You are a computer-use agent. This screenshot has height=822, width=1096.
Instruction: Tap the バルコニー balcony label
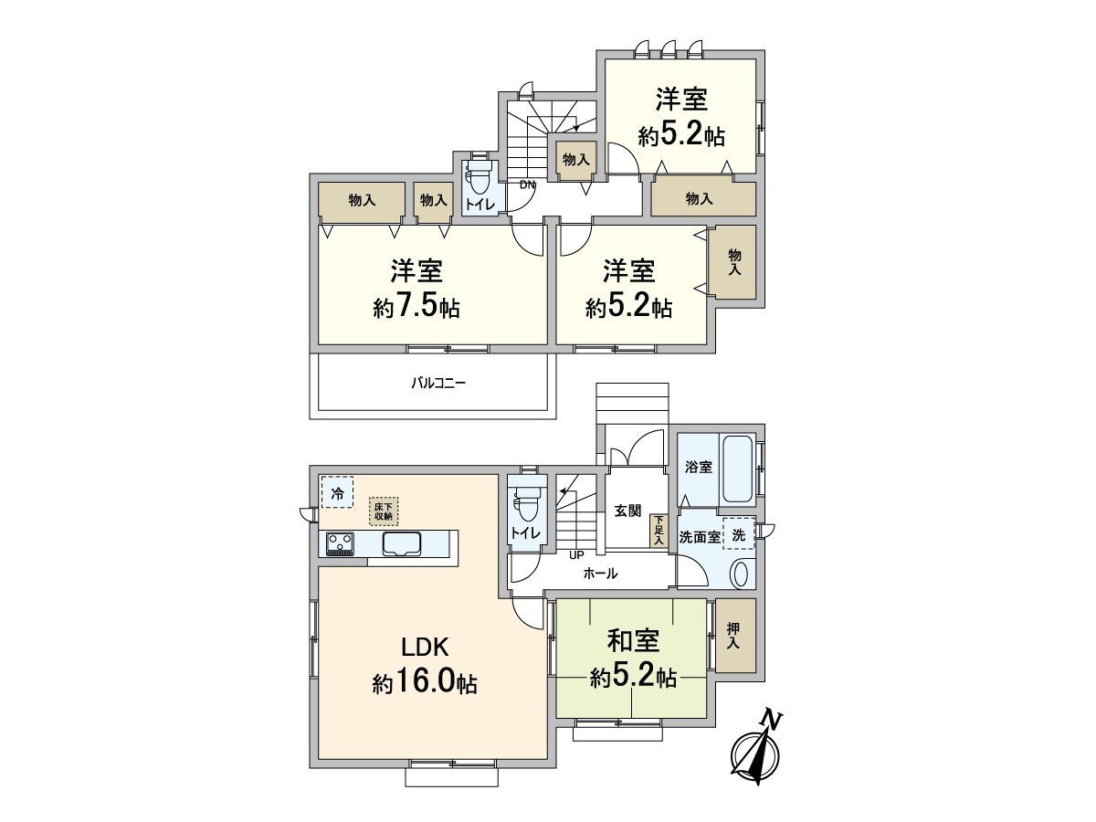tap(438, 384)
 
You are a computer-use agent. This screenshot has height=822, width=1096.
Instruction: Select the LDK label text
tap(426, 648)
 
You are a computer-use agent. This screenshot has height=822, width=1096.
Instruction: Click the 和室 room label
tap(633, 641)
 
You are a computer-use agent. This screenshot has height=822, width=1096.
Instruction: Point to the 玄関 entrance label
tap(627, 511)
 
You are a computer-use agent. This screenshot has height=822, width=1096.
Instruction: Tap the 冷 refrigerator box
tap(338, 491)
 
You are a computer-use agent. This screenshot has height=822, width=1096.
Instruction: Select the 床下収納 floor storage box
tap(384, 511)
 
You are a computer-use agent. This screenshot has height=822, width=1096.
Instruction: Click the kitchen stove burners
tap(340, 543)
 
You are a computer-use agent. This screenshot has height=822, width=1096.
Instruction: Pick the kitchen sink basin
tap(402, 543)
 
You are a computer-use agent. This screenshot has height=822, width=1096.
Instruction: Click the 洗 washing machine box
tap(739, 535)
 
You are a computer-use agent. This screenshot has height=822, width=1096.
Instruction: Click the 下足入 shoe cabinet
tap(659, 532)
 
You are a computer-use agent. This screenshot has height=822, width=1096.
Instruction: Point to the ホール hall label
tap(600, 574)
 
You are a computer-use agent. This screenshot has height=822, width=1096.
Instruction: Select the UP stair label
tap(576, 554)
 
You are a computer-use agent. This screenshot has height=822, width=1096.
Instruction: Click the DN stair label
tap(528, 184)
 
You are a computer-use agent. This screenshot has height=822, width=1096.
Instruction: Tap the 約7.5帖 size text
tap(416, 307)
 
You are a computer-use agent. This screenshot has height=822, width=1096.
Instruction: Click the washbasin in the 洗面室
tap(740, 574)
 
